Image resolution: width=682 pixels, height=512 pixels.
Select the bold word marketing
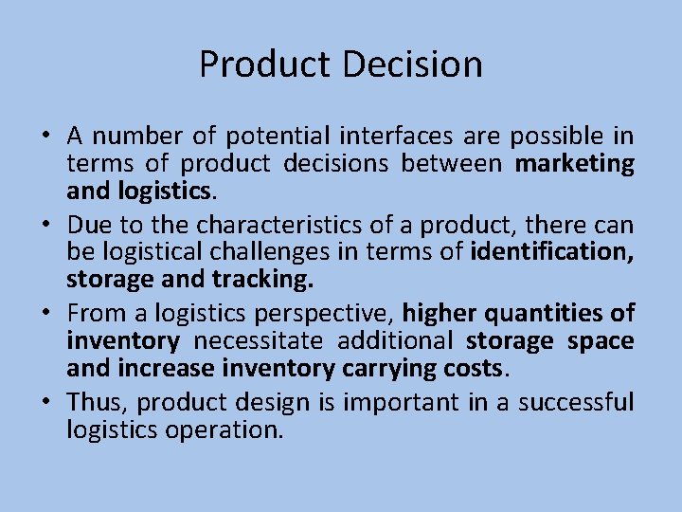[574, 165]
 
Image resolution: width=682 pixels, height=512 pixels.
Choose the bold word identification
[551, 253]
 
